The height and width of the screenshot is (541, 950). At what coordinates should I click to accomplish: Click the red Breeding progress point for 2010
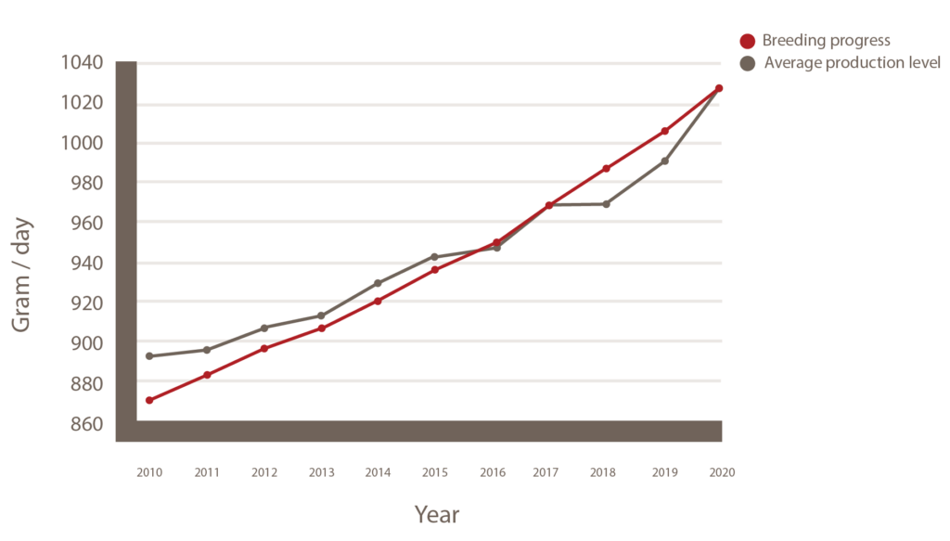click(148, 400)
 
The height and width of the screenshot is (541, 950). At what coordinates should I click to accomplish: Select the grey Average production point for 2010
click(148, 355)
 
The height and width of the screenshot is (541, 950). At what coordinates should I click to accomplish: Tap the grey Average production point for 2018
click(606, 203)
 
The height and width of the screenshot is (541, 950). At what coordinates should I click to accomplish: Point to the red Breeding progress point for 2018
click(606, 168)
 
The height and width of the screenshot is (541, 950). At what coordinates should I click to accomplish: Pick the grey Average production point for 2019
click(665, 161)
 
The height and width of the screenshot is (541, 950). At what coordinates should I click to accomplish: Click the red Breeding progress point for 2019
click(665, 131)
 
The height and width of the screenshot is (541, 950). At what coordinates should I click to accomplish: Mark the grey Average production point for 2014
click(378, 283)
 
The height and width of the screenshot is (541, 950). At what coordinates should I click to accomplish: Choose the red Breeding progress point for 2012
click(264, 348)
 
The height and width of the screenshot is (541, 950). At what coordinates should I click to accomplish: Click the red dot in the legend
click(748, 41)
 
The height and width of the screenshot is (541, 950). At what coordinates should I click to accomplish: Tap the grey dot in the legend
click(748, 63)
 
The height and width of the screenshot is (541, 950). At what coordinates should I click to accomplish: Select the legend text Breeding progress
click(826, 41)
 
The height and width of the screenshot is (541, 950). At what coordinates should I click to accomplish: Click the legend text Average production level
click(852, 63)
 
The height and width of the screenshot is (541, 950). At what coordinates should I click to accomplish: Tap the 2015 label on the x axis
click(435, 472)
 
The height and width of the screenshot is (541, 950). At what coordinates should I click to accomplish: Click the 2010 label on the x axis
click(148, 472)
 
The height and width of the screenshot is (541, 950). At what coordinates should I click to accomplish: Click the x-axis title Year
click(436, 513)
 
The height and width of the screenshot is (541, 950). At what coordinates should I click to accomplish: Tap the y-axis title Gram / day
click(23, 275)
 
